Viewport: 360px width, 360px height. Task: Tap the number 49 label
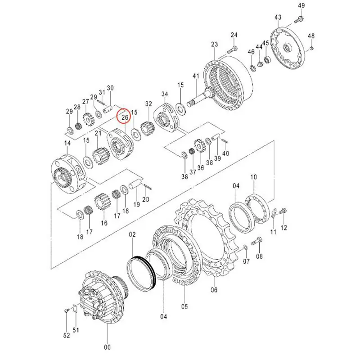click(301, 5)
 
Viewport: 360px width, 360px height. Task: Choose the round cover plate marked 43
click(288, 49)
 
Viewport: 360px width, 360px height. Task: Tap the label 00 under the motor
click(108, 347)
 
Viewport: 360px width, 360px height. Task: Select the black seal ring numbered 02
click(142, 272)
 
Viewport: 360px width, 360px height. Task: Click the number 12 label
click(284, 228)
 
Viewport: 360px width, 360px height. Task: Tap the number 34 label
click(165, 94)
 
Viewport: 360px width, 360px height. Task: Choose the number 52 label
click(67, 335)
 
